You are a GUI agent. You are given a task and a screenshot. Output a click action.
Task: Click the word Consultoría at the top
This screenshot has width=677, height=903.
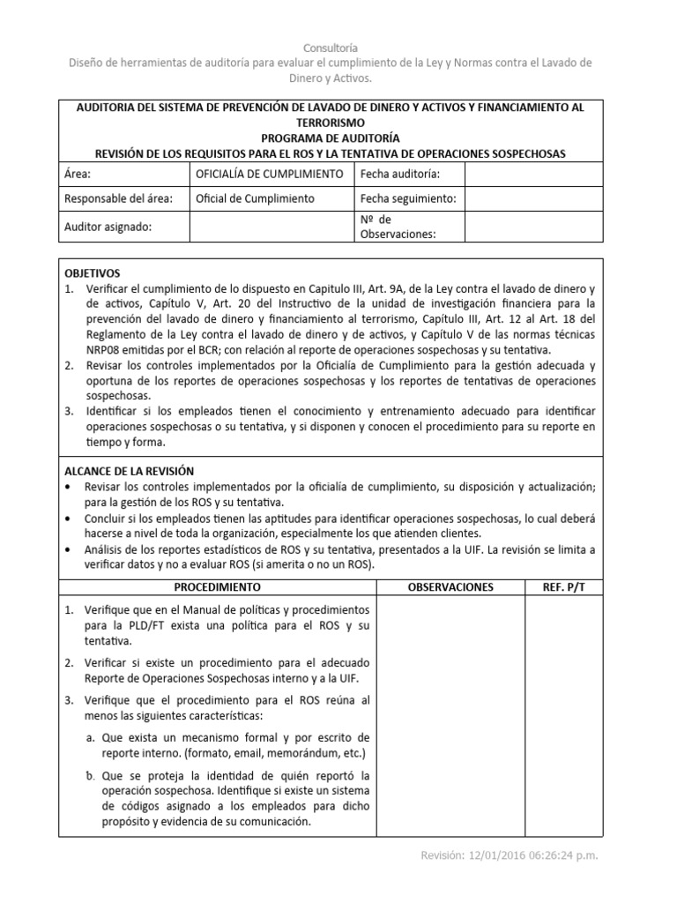click(x=331, y=47)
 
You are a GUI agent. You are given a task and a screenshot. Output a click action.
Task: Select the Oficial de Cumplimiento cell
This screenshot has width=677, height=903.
click(x=254, y=199)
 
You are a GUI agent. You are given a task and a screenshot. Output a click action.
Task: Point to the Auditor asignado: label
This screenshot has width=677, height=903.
click(x=108, y=227)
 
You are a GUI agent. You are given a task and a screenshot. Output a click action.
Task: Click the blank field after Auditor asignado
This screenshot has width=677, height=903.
click(x=272, y=227)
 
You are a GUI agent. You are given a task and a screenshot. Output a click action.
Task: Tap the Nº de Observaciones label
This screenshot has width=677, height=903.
click(x=398, y=227)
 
